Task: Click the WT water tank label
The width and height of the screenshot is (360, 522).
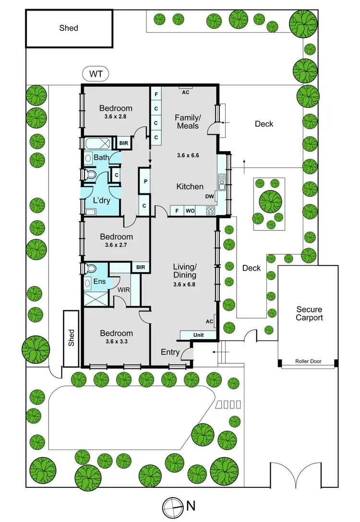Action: point(96,74)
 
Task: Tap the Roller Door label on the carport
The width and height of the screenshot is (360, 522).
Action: point(309,362)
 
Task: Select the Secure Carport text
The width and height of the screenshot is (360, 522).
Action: point(309,314)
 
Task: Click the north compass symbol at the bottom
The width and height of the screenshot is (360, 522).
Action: point(171,506)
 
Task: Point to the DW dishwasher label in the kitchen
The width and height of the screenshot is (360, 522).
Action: point(209,196)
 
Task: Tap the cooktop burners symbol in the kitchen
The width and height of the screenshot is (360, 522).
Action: point(210,210)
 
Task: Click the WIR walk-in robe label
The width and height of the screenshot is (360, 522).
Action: point(123,290)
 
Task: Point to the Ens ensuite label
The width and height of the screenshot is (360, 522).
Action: point(99,282)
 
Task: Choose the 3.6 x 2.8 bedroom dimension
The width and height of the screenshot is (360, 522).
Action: point(116,116)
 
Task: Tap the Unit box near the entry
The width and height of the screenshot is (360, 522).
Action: point(198,334)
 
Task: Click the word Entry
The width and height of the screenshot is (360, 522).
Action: point(170,352)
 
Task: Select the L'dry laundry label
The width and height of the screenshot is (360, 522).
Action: point(102,200)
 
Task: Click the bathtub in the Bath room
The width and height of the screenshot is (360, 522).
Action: point(97,143)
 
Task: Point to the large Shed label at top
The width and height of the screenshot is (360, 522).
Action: point(69,28)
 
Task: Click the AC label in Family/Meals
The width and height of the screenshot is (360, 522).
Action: point(186,93)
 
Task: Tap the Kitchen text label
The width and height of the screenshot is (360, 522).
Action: point(190,187)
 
